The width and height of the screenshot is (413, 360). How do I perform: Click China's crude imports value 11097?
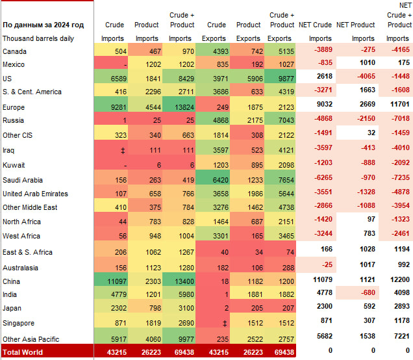tap(114, 281)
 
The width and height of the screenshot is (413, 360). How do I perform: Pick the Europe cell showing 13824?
tap(180, 107)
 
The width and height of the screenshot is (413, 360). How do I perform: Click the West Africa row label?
tap(21, 236)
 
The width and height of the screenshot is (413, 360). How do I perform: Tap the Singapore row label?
tap(19, 323)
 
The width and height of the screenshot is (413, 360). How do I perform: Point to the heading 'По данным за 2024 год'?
tap(43, 25)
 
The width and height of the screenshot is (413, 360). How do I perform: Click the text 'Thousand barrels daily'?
tap(38, 38)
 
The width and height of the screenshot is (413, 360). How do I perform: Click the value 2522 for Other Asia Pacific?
tap(249, 337)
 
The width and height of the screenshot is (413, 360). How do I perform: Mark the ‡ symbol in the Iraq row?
tap(123, 150)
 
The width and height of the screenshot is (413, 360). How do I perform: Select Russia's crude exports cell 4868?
tap(217, 120)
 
